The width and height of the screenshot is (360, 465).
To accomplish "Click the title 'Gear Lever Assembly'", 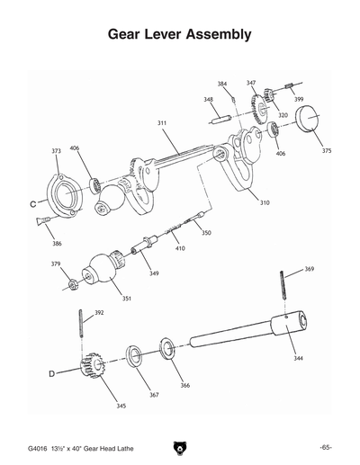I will [x=179, y=35].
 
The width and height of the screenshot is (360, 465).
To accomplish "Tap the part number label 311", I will [x=162, y=122].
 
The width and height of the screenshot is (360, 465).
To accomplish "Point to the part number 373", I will [x=56, y=151].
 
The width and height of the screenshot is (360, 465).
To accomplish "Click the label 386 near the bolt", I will [x=57, y=244].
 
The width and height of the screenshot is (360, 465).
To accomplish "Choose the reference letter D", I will [x=51, y=371].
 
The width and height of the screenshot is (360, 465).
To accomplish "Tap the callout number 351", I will [x=126, y=299].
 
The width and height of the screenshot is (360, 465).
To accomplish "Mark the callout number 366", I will [x=184, y=385].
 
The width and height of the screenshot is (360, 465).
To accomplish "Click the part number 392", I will [x=99, y=313].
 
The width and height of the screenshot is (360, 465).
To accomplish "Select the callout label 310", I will [x=265, y=203].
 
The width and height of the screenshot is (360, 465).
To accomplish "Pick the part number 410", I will [x=180, y=247].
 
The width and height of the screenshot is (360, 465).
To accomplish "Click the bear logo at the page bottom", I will [x=180, y=447].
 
